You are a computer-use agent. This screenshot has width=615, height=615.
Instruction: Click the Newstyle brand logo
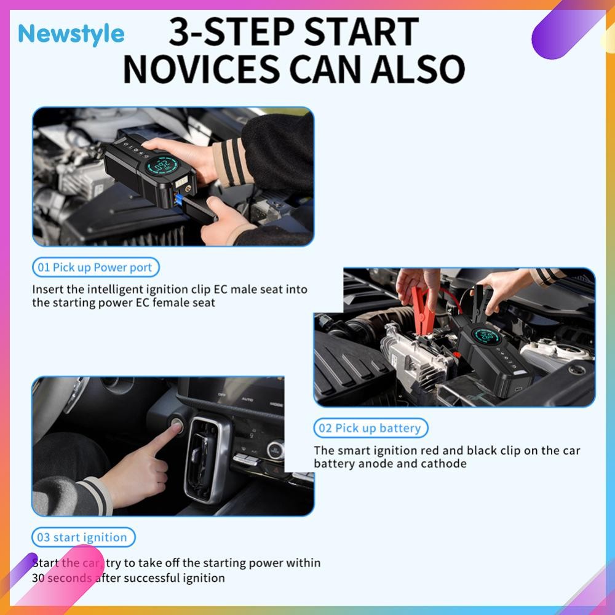[x=71, y=34]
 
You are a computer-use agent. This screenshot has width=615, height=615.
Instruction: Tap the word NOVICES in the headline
[x=201, y=69]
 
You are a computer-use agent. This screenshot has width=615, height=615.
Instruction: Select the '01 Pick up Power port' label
[x=95, y=268]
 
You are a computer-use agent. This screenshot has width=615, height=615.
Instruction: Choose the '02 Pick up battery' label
[x=370, y=428]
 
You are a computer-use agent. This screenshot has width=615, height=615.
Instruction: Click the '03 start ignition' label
[x=83, y=538]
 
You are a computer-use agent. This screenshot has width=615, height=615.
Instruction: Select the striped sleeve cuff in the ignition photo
[x=97, y=495]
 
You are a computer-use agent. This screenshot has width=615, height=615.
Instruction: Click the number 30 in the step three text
[x=38, y=578]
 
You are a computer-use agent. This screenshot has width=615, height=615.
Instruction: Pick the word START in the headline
[x=361, y=31]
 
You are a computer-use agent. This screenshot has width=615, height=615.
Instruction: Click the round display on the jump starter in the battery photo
[x=487, y=335]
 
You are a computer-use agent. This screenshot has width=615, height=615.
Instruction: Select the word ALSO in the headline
[x=418, y=69]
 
